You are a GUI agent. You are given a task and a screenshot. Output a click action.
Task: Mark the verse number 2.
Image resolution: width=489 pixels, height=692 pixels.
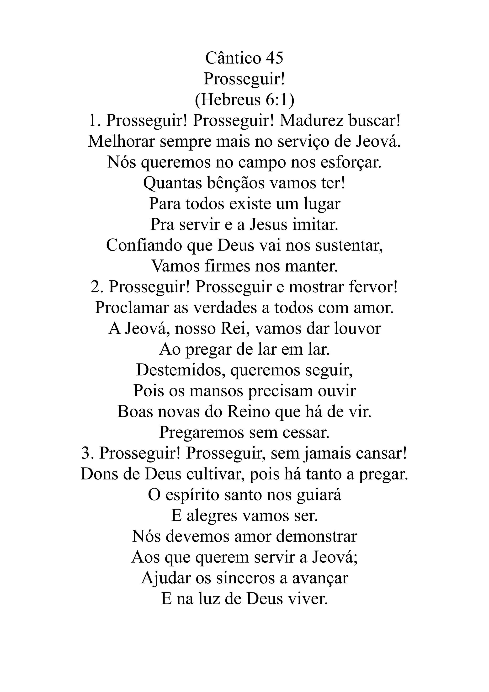click(x=96, y=287)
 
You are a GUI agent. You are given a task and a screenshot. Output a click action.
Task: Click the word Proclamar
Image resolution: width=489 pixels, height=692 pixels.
click(x=131, y=308)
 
